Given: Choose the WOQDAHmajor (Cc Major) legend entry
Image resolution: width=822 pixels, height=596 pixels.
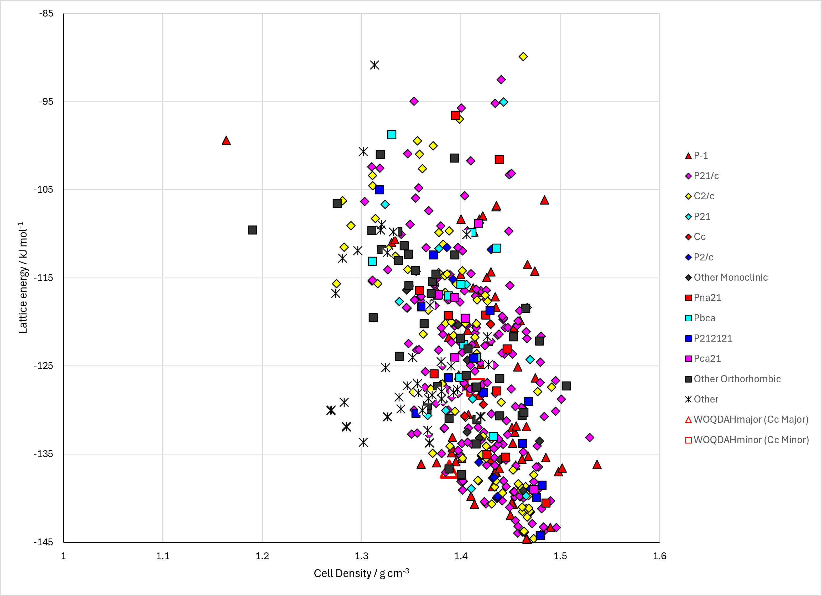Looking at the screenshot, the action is (747, 420).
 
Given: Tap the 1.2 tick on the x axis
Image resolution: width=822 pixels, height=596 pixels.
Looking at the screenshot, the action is (262, 556).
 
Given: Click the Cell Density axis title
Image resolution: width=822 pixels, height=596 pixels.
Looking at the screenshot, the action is (361, 573).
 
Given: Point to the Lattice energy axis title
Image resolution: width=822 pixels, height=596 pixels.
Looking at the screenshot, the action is (23, 278).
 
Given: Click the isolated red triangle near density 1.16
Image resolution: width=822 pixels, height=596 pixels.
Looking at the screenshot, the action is (226, 140).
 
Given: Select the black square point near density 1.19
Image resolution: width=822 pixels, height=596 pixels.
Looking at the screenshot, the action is (253, 230).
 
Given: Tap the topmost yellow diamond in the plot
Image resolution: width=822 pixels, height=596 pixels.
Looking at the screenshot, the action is (523, 56).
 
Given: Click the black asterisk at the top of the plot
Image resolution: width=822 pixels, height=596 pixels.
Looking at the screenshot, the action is (375, 65).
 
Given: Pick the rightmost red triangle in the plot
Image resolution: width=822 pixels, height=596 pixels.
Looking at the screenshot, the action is (597, 464).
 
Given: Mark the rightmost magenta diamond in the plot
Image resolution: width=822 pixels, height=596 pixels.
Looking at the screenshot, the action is (590, 438).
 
